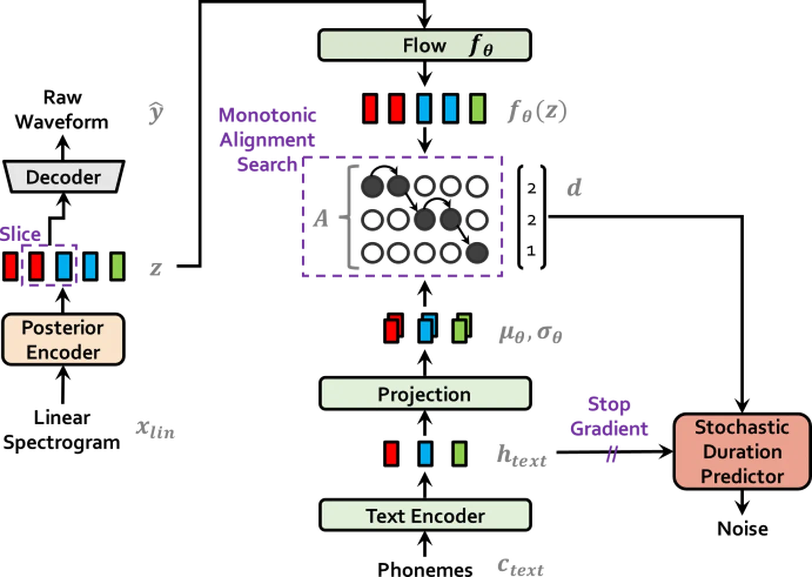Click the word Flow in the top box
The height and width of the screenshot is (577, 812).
pyautogui.click(x=424, y=45)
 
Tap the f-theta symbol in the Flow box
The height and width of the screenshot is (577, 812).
pyautogui.click(x=480, y=45)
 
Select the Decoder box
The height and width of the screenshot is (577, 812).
pyautogui.click(x=63, y=177)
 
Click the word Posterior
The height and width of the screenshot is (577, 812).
pyautogui.click(x=63, y=328)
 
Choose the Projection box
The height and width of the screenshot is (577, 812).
pyautogui.click(x=425, y=394)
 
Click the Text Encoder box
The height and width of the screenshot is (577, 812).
pyautogui.click(x=425, y=516)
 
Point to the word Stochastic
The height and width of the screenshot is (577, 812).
pyautogui.click(x=742, y=427)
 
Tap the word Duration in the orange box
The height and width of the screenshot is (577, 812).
pyautogui.click(x=742, y=452)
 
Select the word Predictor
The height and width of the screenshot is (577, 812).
pyautogui.click(x=742, y=476)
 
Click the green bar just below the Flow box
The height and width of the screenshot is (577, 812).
pyautogui.click(x=477, y=108)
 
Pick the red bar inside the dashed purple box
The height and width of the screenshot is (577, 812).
pyautogui.click(x=36, y=266)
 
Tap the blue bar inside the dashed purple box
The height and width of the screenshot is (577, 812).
pyautogui.click(x=64, y=266)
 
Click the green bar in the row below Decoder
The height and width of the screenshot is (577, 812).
pyautogui.click(x=117, y=266)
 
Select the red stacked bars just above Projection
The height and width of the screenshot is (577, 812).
pyautogui.click(x=393, y=329)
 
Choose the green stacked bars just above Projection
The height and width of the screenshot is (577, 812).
pyautogui.click(x=461, y=329)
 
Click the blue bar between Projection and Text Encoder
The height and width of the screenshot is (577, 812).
pyautogui.click(x=425, y=453)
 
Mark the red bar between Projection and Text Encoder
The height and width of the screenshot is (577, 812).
pyautogui.click(x=391, y=453)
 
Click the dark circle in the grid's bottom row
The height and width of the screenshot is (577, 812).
pyautogui.click(x=477, y=253)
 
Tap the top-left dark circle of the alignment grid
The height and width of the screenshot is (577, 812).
pyautogui.click(x=372, y=186)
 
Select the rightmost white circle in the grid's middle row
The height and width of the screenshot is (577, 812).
pyautogui.click(x=477, y=220)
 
